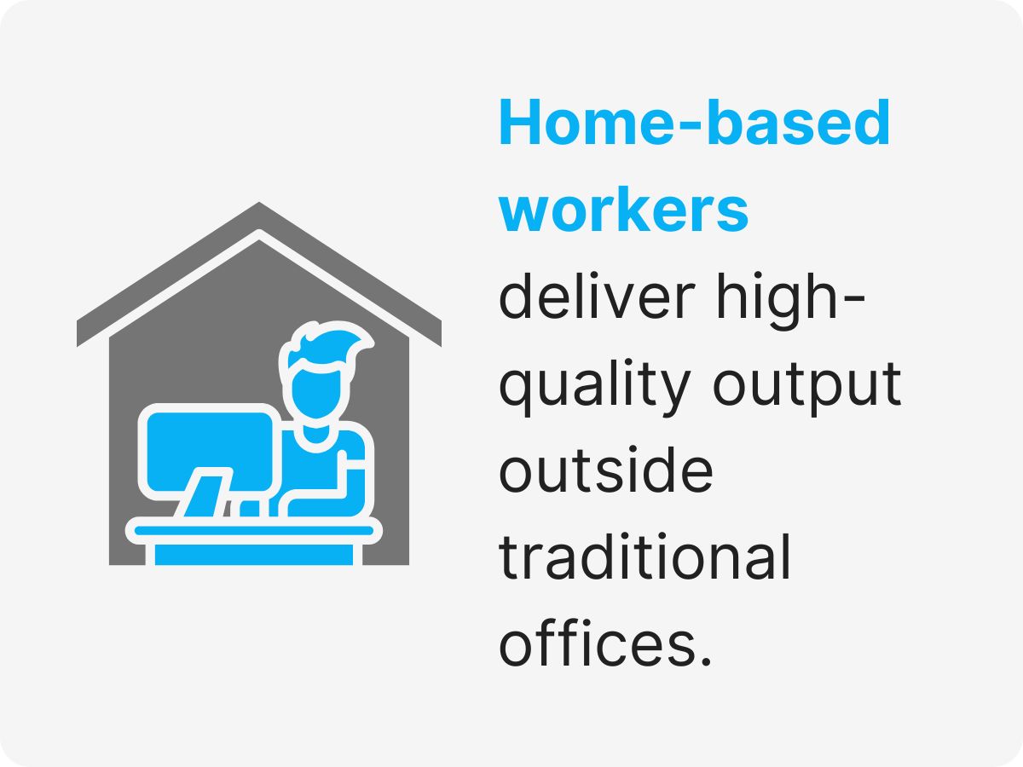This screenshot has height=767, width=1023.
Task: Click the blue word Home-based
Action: (694, 124)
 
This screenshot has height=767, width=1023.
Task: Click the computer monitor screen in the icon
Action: (210, 451)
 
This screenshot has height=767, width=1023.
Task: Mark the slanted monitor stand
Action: (199, 494)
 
